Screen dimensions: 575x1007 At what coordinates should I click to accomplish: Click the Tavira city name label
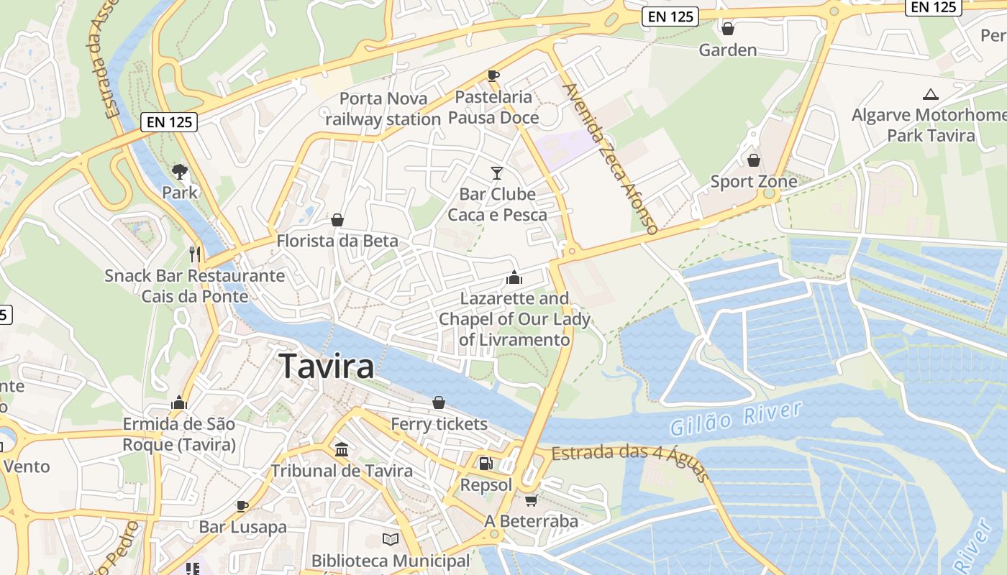(x=327, y=366)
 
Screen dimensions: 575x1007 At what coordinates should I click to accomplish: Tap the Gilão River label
(x=735, y=419)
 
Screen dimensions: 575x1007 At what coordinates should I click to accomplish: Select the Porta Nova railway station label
(x=383, y=109)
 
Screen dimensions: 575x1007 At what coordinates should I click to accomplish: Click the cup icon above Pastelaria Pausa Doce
(x=493, y=75)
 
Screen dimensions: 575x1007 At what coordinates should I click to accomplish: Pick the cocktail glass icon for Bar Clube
(x=496, y=172)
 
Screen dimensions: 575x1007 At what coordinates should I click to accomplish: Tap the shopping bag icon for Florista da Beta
(x=337, y=219)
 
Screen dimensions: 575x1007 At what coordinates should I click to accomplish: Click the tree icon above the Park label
(x=179, y=171)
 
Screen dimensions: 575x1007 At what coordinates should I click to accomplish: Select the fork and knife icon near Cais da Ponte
(x=194, y=254)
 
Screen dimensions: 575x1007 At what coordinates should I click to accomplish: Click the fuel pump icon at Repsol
(x=486, y=464)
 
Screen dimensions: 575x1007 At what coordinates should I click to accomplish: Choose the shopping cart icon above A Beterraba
(x=531, y=500)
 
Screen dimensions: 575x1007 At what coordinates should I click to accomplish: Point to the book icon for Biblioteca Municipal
(x=391, y=539)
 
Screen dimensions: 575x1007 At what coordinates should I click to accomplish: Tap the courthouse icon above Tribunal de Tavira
(x=342, y=449)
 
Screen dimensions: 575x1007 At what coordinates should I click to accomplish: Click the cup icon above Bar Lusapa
(x=242, y=505)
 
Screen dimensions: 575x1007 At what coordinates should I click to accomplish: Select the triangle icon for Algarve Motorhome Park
(x=931, y=94)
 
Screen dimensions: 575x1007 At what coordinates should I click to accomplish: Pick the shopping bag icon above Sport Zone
(x=753, y=160)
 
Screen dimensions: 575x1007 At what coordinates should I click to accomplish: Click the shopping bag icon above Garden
(x=728, y=29)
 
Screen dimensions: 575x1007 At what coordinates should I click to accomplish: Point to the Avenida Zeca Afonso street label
(x=611, y=159)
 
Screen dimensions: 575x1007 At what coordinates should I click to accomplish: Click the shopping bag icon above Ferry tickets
(x=439, y=402)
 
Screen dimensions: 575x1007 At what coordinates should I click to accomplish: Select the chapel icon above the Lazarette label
(x=514, y=277)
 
